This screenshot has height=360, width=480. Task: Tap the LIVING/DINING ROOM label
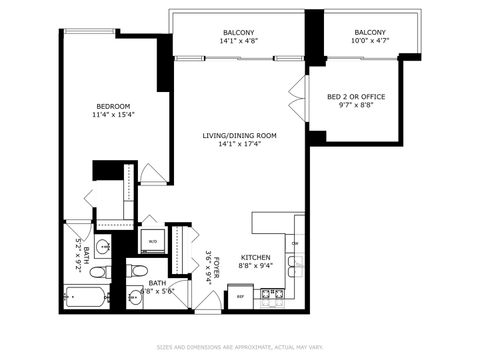pyautogui.click(x=240, y=135)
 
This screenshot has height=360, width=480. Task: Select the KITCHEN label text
pyautogui.click(x=254, y=257)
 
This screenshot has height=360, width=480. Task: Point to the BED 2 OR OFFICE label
pyautogui.click(x=355, y=97)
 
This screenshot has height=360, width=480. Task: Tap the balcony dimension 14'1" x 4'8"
pyautogui.click(x=238, y=43)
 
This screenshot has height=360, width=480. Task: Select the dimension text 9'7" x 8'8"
pyautogui.click(x=355, y=107)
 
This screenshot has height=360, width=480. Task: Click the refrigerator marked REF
pyautogui.click(x=240, y=297)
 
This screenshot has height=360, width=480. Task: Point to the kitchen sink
pyautogui.click(x=296, y=266)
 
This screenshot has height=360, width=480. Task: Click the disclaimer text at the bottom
pyautogui.click(x=240, y=348)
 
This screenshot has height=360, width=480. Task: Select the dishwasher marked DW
pyautogui.click(x=296, y=243)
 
